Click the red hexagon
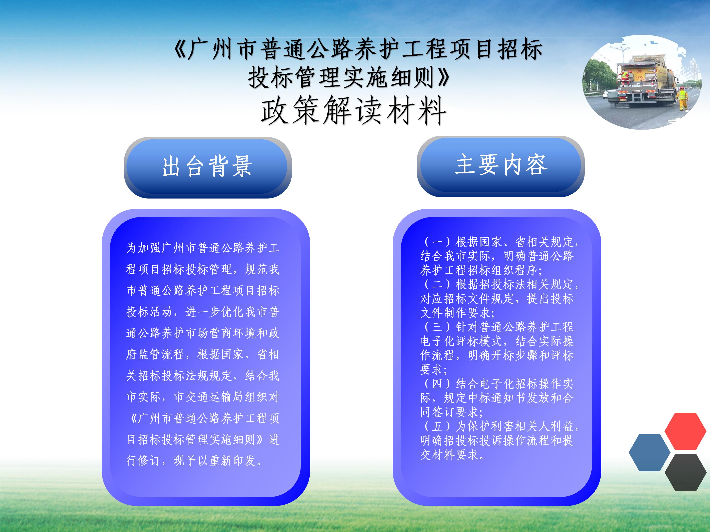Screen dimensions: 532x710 click(685, 431)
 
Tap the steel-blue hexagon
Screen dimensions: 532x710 click(649, 452)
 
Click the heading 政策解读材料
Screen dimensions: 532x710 click(353, 111)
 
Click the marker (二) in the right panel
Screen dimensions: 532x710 click(437, 284)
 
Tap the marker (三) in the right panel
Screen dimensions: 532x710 click(437, 327)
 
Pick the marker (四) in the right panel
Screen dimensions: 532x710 click(437, 384)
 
